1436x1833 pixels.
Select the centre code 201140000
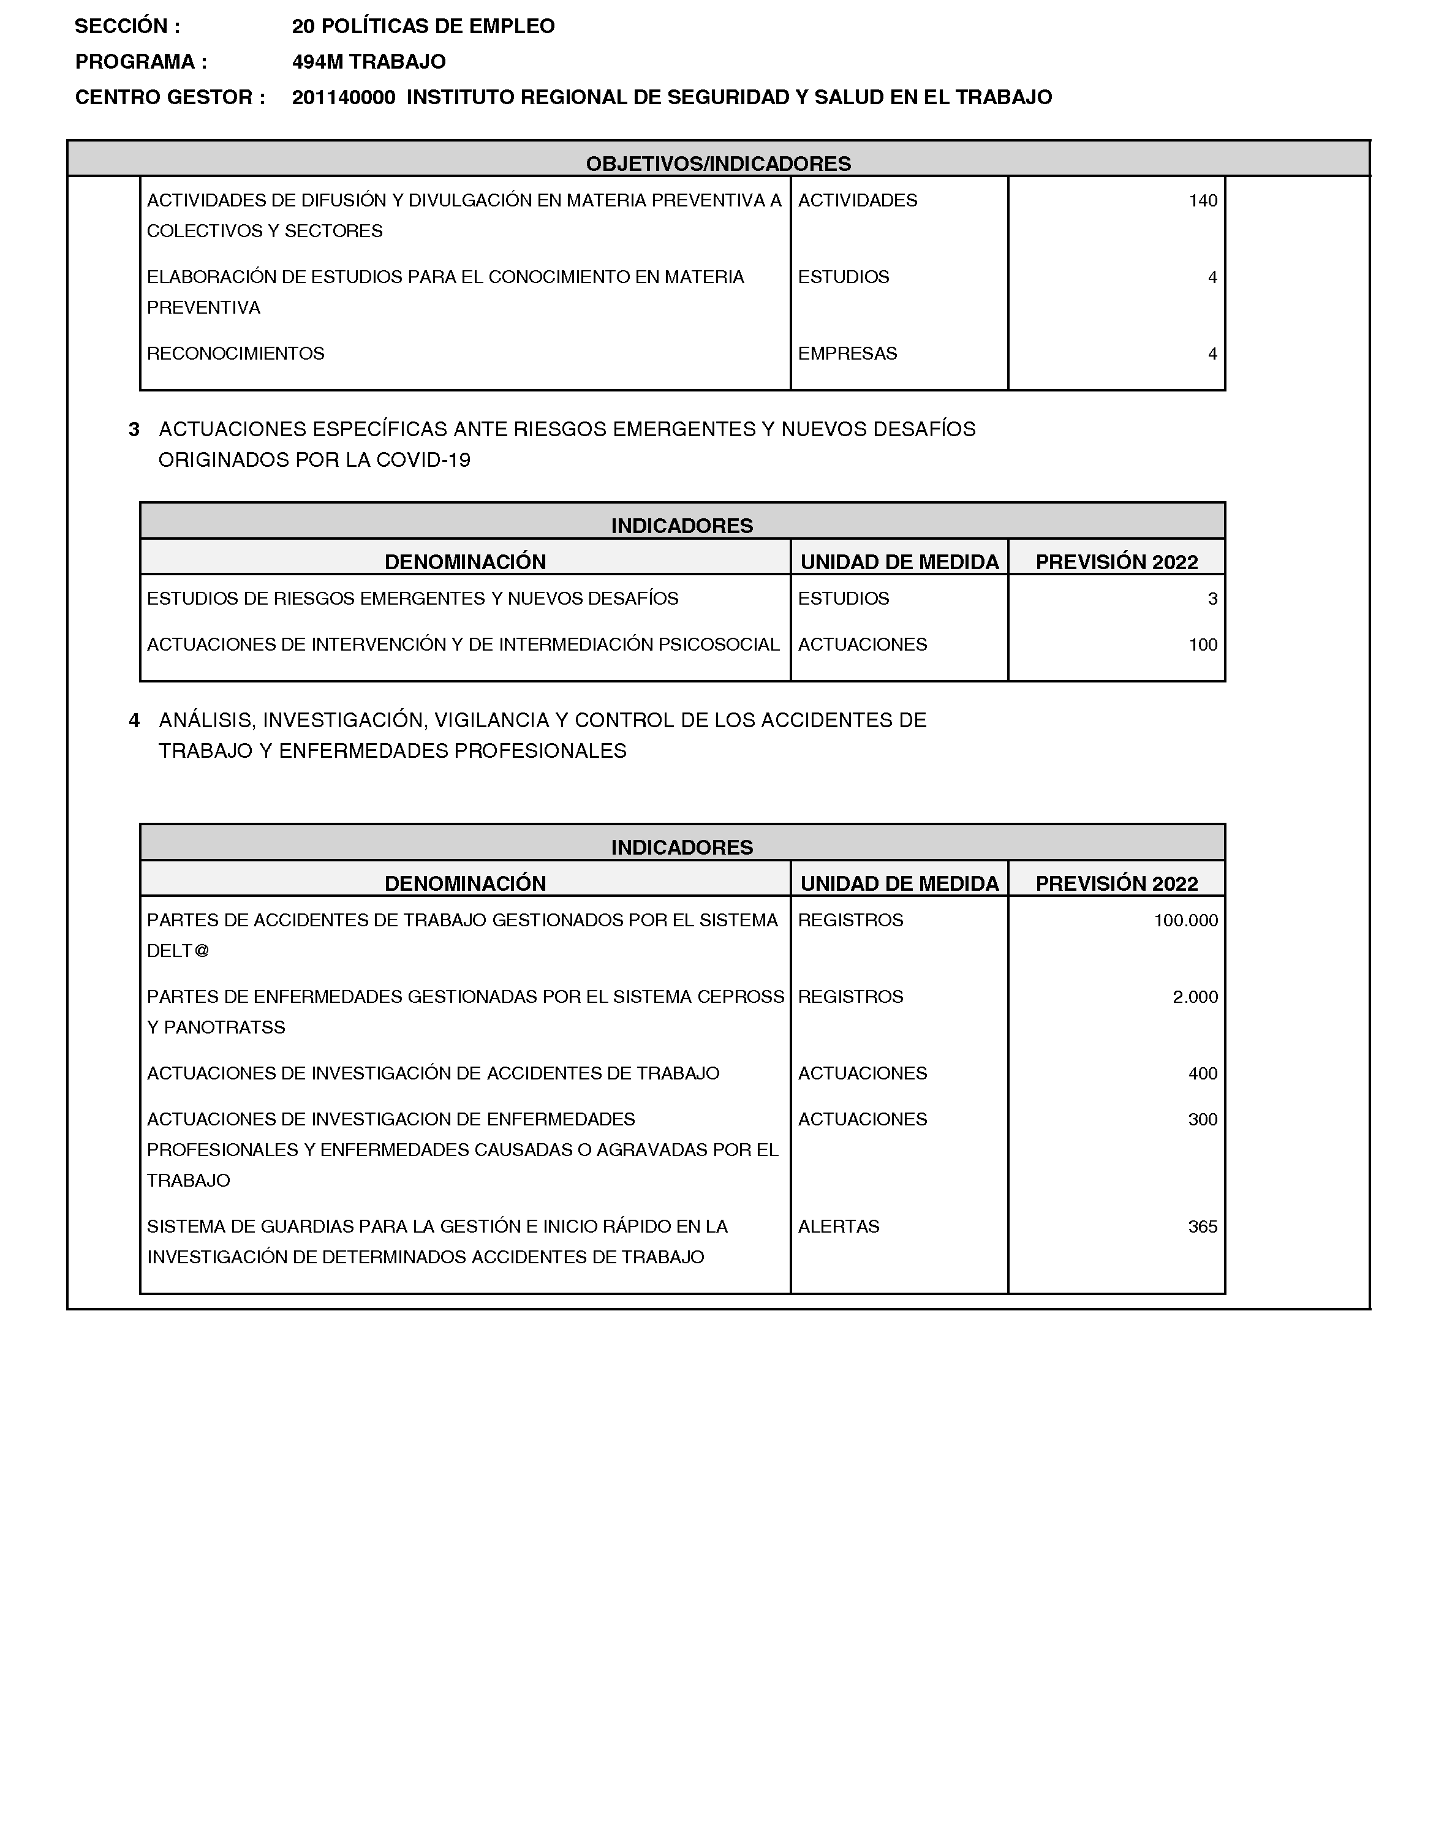coord(343,97)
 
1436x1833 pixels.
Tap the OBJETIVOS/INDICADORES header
coord(718,163)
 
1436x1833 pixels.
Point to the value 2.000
coord(1195,997)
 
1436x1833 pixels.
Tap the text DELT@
coord(178,951)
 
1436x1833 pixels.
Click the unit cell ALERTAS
coord(838,1226)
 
